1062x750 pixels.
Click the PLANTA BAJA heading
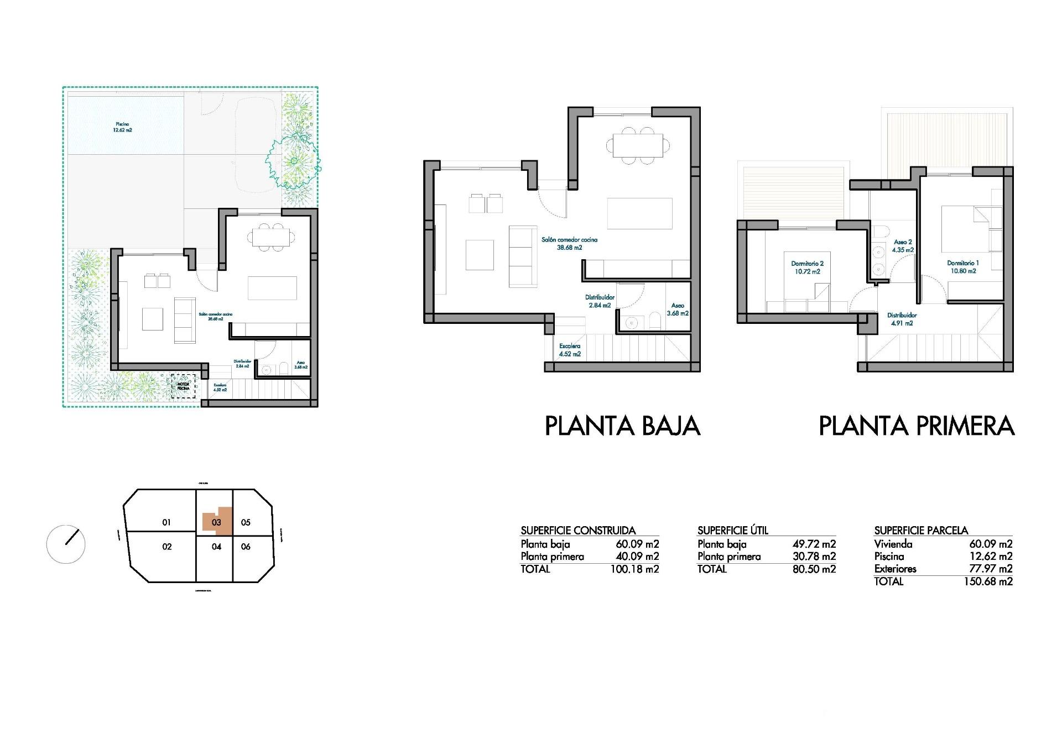point(623,426)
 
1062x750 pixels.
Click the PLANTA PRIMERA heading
point(917,426)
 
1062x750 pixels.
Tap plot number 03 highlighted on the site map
point(216,522)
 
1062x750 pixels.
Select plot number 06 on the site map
point(246,547)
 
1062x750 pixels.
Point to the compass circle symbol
point(66,544)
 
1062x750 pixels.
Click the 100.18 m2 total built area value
point(634,569)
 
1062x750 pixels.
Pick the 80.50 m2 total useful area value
point(814,569)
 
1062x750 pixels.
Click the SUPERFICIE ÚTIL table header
point(733,531)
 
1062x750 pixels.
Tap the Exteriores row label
point(895,569)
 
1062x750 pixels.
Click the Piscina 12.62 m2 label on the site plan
point(122,127)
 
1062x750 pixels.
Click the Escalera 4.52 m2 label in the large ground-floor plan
point(570,350)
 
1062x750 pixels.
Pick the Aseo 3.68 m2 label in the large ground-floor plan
point(678,309)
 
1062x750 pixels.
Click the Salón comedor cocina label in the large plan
point(569,244)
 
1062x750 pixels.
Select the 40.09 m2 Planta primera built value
point(637,557)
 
